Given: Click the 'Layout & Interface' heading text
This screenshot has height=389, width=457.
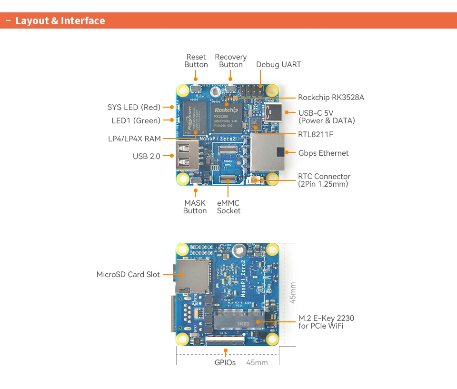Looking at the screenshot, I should (60, 21).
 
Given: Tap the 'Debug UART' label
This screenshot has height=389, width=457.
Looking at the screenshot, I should (278, 65).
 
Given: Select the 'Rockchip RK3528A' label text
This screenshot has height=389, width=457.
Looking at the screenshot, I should (331, 98).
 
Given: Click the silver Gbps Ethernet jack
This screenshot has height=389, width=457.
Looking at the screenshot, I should (268, 152).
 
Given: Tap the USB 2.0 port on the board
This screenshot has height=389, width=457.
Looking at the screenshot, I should (187, 155).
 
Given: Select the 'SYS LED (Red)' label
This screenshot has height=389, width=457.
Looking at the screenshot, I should (134, 108).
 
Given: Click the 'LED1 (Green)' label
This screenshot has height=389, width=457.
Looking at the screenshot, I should (136, 121).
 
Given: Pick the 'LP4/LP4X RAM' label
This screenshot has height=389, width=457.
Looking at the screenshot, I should (134, 139).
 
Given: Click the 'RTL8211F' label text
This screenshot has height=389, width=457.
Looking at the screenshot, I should (316, 134).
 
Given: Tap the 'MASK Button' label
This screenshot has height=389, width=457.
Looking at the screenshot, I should (195, 207).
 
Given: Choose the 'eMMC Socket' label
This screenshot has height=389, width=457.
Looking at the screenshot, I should (228, 207).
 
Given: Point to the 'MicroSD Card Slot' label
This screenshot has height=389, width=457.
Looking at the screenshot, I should (128, 275).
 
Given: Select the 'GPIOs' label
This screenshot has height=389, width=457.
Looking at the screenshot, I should (225, 363).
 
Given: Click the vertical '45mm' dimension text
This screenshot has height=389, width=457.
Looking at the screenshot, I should (293, 292).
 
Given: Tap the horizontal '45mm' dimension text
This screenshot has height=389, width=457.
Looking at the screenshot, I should (257, 363).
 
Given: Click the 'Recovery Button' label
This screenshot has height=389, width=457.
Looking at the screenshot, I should (231, 61).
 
